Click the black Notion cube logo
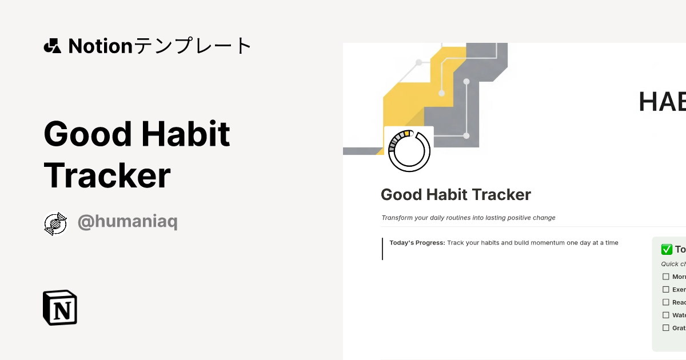(x=60, y=307)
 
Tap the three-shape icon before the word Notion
(x=52, y=46)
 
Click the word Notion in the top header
(x=100, y=46)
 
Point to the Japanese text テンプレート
(x=193, y=46)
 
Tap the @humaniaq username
(x=127, y=222)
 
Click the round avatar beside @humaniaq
(x=55, y=223)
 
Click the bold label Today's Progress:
(x=417, y=243)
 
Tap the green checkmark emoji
(x=667, y=249)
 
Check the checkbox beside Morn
(x=665, y=277)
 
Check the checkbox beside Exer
(x=665, y=290)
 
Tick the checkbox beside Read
(x=665, y=302)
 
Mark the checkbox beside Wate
(x=665, y=315)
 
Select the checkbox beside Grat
(x=665, y=328)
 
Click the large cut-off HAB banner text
(x=662, y=102)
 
